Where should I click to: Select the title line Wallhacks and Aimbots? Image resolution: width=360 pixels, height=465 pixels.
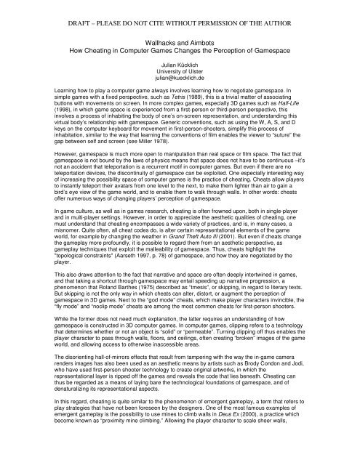(180, 44)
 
